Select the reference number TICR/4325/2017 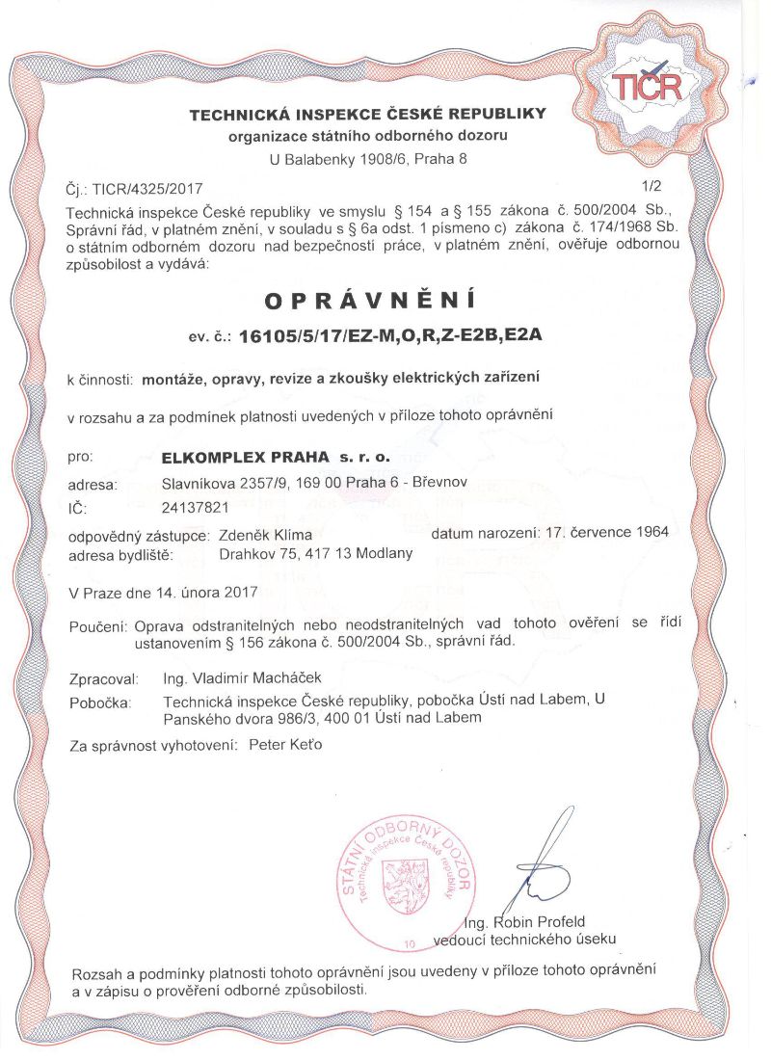tap(146, 190)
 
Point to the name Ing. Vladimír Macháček tap(243, 678)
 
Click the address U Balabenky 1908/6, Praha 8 tap(368, 157)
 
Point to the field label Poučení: tap(98, 626)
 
